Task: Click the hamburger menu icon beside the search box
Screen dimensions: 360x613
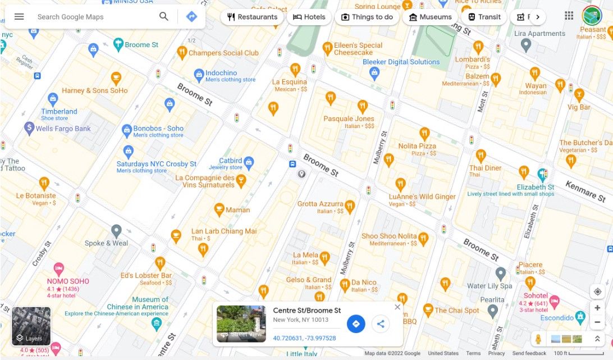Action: coord(19,17)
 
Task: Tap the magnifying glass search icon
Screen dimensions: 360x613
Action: coord(164,17)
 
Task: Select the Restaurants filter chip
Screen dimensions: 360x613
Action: coord(253,17)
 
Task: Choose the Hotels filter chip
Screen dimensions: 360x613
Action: coord(309,17)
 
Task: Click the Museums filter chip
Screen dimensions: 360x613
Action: coord(430,17)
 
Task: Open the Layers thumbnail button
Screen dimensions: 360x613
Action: coord(31,326)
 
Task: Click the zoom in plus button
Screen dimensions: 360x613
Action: coord(597,308)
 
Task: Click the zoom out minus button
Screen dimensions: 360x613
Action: coord(597,322)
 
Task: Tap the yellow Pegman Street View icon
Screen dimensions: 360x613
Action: coord(538,339)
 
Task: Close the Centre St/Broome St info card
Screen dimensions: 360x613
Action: coord(397,307)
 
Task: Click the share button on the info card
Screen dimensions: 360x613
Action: coord(381,323)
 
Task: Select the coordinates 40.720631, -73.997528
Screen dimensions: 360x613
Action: coord(304,338)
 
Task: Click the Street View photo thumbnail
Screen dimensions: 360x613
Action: coord(241,324)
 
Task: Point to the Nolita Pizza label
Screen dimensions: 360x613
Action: coord(417,146)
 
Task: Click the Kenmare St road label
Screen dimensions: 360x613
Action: coord(588,191)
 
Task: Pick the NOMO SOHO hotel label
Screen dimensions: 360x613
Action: coord(68,281)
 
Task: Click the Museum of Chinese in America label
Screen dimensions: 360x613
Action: coord(138,303)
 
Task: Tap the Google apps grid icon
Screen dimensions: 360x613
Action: coord(569,16)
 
